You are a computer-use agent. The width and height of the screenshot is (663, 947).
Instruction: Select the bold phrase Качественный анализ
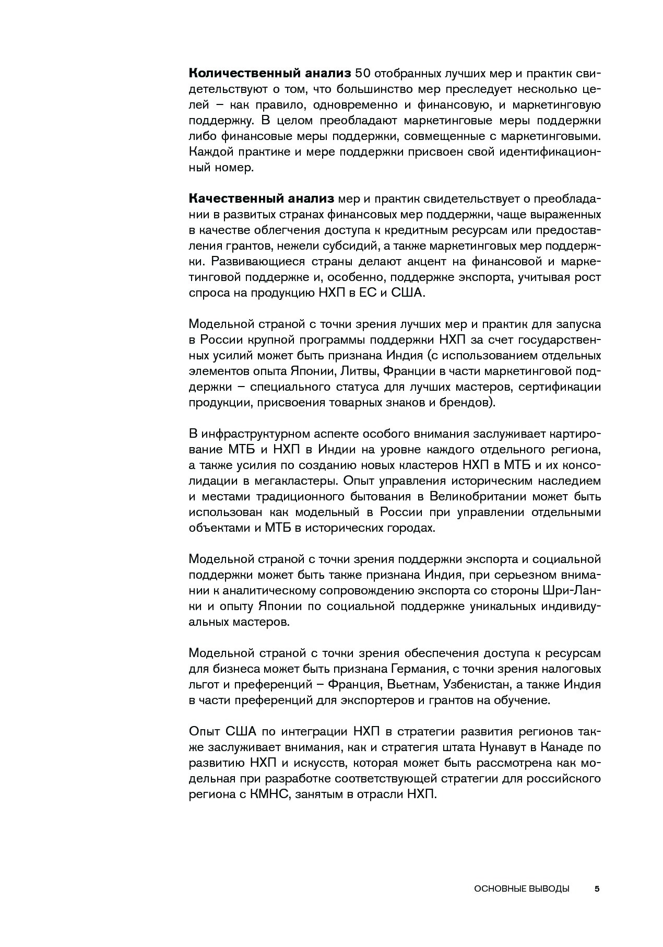point(261,199)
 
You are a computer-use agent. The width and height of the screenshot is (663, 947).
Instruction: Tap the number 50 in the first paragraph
point(364,74)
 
